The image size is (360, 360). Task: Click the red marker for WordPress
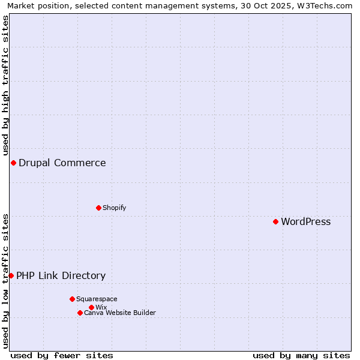pyautogui.click(x=275, y=222)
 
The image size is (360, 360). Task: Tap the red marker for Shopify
pyautogui.click(x=98, y=208)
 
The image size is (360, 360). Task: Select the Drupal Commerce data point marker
pyautogui.click(x=13, y=163)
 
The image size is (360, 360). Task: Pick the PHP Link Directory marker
pyautogui.click(x=11, y=276)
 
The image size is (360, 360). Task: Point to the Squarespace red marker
pyautogui.click(x=72, y=299)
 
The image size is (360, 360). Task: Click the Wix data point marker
pyautogui.click(x=91, y=308)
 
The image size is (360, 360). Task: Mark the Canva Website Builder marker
pyautogui.click(x=80, y=313)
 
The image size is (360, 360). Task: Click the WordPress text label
pyautogui.click(x=305, y=222)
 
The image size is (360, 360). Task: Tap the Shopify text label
pyautogui.click(x=114, y=208)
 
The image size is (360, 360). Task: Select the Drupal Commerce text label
pyautogui.click(x=62, y=163)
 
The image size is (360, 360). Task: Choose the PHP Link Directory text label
pyautogui.click(x=61, y=276)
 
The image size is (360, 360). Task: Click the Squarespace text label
pyautogui.click(x=97, y=299)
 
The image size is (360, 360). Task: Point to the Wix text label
pyautogui.click(x=101, y=308)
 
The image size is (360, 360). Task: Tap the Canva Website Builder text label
pyautogui.click(x=120, y=313)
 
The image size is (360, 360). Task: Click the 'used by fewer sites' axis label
pyautogui.click(x=62, y=356)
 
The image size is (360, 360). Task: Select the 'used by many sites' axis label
pyautogui.click(x=301, y=356)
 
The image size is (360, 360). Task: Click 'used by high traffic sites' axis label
pyautogui.click(x=5, y=86)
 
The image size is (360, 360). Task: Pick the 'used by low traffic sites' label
pyautogui.click(x=5, y=281)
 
